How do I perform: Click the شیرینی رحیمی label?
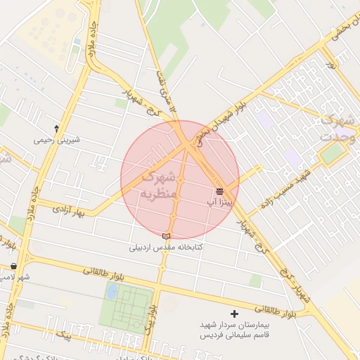click(58, 140)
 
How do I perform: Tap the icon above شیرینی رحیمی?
click(57, 128)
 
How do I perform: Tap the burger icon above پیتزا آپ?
click(219, 191)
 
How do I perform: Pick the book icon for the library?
click(166, 236)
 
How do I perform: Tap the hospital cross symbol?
click(234, 314)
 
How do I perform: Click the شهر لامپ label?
click(14, 277)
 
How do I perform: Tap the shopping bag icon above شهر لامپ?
click(14, 266)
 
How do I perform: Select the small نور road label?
click(331, 63)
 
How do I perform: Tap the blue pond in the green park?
click(112, 290)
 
